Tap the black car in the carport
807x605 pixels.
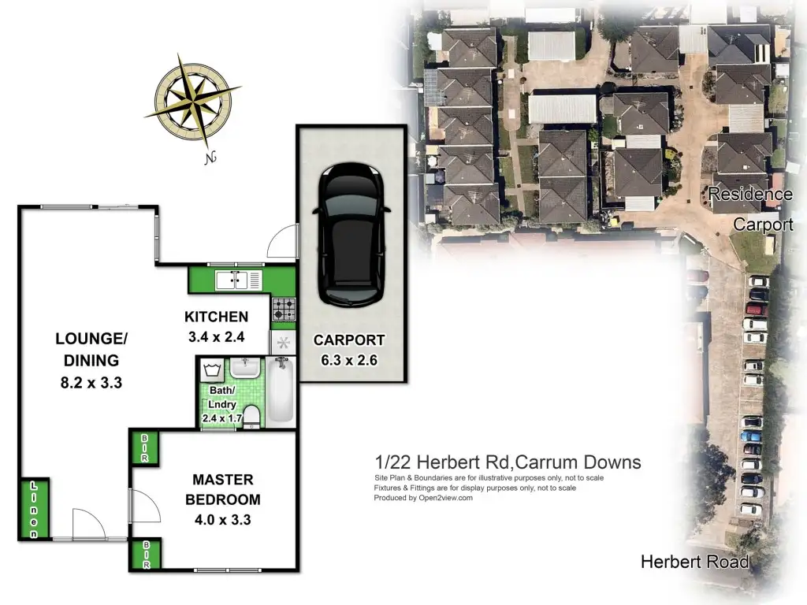coord(351,234)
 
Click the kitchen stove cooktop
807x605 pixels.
coord(284,309)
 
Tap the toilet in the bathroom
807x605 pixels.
coord(251,416)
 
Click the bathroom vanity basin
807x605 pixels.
coord(246,368)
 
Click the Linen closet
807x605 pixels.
coord(35,509)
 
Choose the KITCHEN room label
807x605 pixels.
coord(216,317)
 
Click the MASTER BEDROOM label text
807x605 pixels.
coord(223,489)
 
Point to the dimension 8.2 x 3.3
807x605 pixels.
coord(91,383)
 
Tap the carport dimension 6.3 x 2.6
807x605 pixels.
coord(349,360)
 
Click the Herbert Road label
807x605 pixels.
coord(695,562)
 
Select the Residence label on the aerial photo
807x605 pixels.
coord(750,194)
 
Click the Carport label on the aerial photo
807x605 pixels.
coord(763,225)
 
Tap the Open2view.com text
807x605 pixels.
coord(445,498)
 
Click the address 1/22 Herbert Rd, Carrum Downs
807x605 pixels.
coord(508,462)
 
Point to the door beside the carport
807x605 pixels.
coord(283,241)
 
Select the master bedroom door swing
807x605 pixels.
coord(145,507)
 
